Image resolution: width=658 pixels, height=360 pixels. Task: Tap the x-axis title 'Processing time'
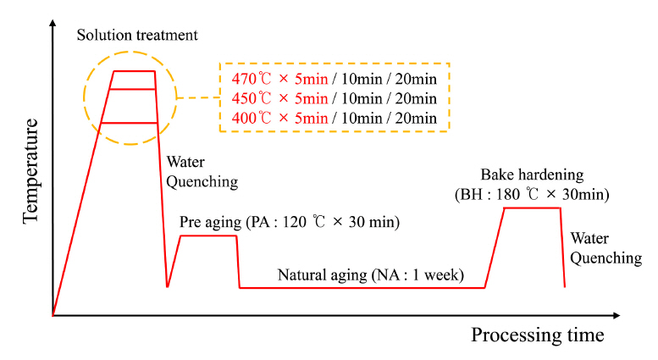537,335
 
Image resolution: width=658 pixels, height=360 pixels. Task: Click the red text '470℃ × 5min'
279,79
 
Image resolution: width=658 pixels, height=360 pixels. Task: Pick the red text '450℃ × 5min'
279,97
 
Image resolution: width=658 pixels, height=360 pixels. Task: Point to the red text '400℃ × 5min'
279,117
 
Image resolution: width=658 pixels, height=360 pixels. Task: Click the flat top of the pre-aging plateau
207,235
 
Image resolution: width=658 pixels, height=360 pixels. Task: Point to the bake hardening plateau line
532,208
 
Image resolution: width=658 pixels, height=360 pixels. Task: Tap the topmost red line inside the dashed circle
134,71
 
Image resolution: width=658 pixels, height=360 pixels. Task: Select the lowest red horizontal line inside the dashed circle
130,123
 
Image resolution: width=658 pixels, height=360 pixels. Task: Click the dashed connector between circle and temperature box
198,95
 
